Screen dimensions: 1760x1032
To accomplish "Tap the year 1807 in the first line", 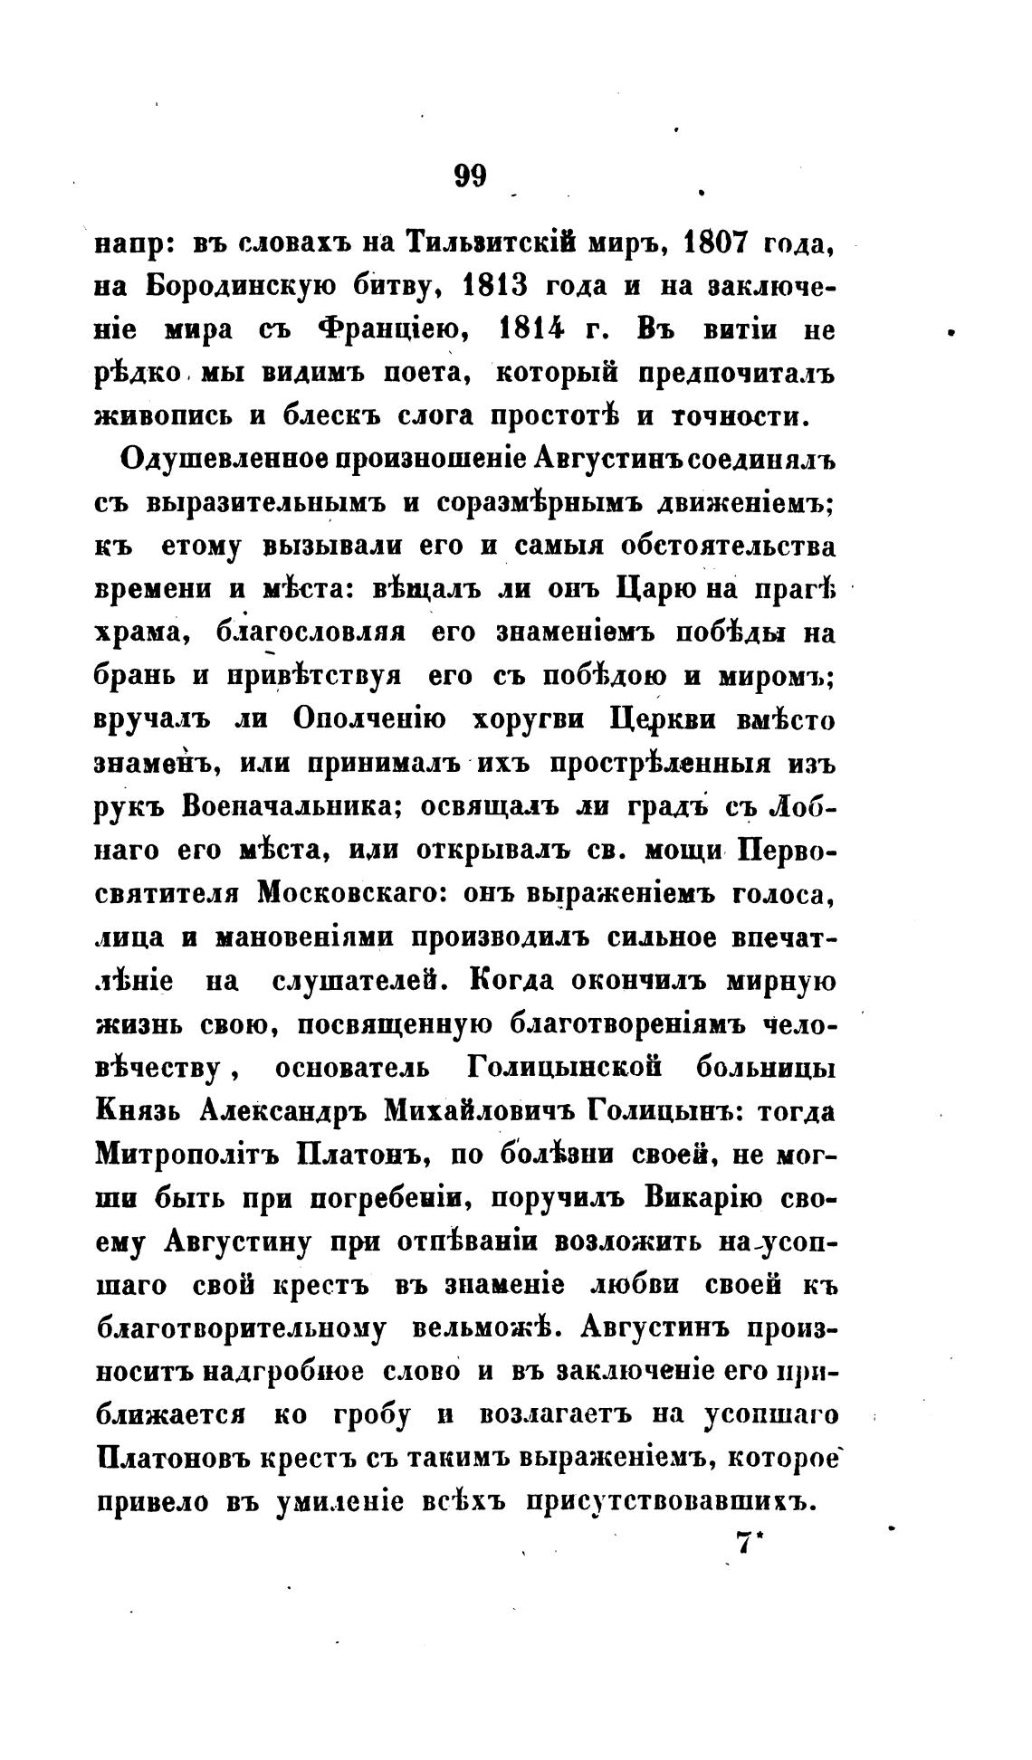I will pyautogui.click(x=721, y=244).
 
